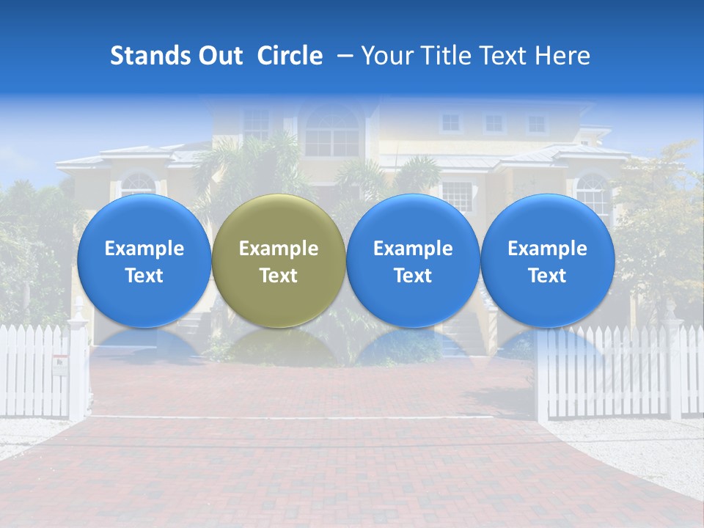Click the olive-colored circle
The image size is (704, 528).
tap(279, 260)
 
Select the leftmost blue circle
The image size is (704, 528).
tap(144, 260)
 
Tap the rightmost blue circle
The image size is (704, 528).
tap(548, 260)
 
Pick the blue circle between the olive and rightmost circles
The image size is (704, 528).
tap(413, 260)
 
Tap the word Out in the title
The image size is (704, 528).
tap(220, 56)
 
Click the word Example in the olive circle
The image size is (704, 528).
tap(279, 249)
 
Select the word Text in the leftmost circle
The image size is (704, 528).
tap(144, 276)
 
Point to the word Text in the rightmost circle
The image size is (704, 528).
tap(548, 276)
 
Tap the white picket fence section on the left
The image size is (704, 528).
tap(33, 370)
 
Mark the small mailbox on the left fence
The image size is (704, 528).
tap(60, 364)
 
